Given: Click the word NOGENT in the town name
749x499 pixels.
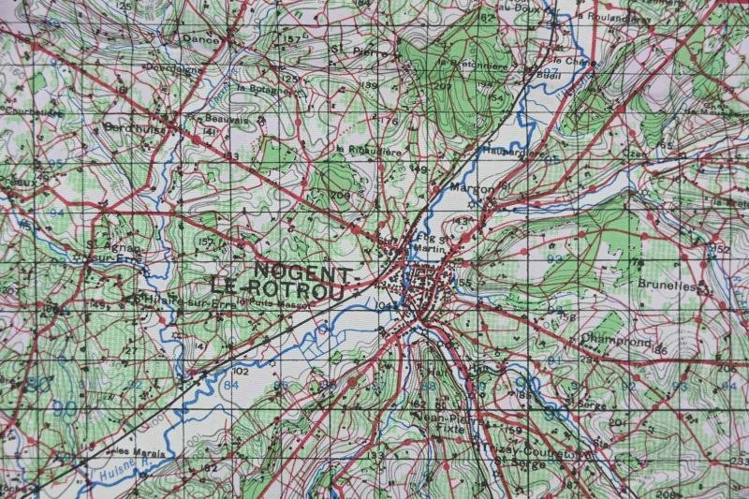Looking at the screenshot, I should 302,272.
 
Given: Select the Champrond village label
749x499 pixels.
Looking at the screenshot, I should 614,342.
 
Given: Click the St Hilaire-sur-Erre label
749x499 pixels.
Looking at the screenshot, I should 183,300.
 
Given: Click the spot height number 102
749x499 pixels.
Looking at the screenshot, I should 239,370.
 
